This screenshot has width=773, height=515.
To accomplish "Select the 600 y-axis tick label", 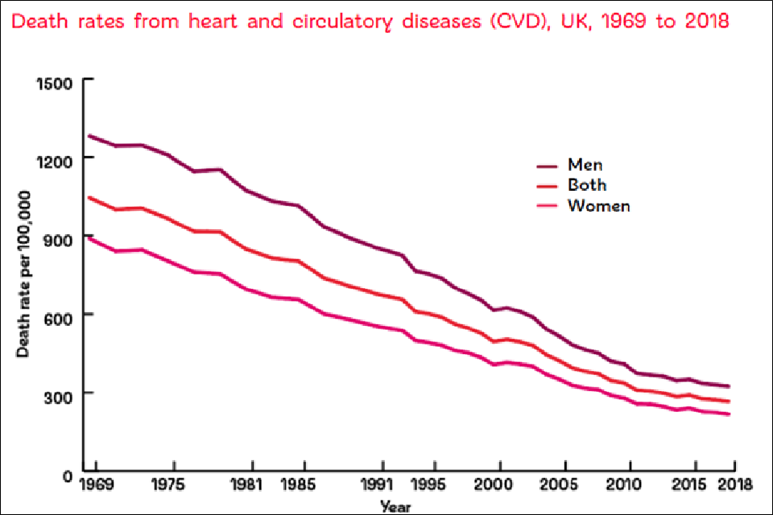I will pyautogui.click(x=58, y=315).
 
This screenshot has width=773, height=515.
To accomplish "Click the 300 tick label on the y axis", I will pyautogui.click(x=58, y=393).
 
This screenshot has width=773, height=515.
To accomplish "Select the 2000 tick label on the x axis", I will pyautogui.click(x=500, y=486).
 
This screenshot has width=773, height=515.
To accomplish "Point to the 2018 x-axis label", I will pyautogui.click(x=734, y=486).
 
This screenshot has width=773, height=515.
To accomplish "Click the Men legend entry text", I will pyautogui.click(x=585, y=165).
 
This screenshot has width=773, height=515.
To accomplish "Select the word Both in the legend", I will pyautogui.click(x=587, y=185).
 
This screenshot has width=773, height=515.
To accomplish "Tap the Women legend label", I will pyautogui.click(x=598, y=206).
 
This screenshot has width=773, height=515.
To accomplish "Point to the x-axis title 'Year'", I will pyautogui.click(x=395, y=507).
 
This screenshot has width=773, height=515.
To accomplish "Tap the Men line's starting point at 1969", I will pyautogui.click(x=89, y=135).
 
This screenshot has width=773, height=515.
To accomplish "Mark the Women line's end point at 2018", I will pyautogui.click(x=729, y=414).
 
